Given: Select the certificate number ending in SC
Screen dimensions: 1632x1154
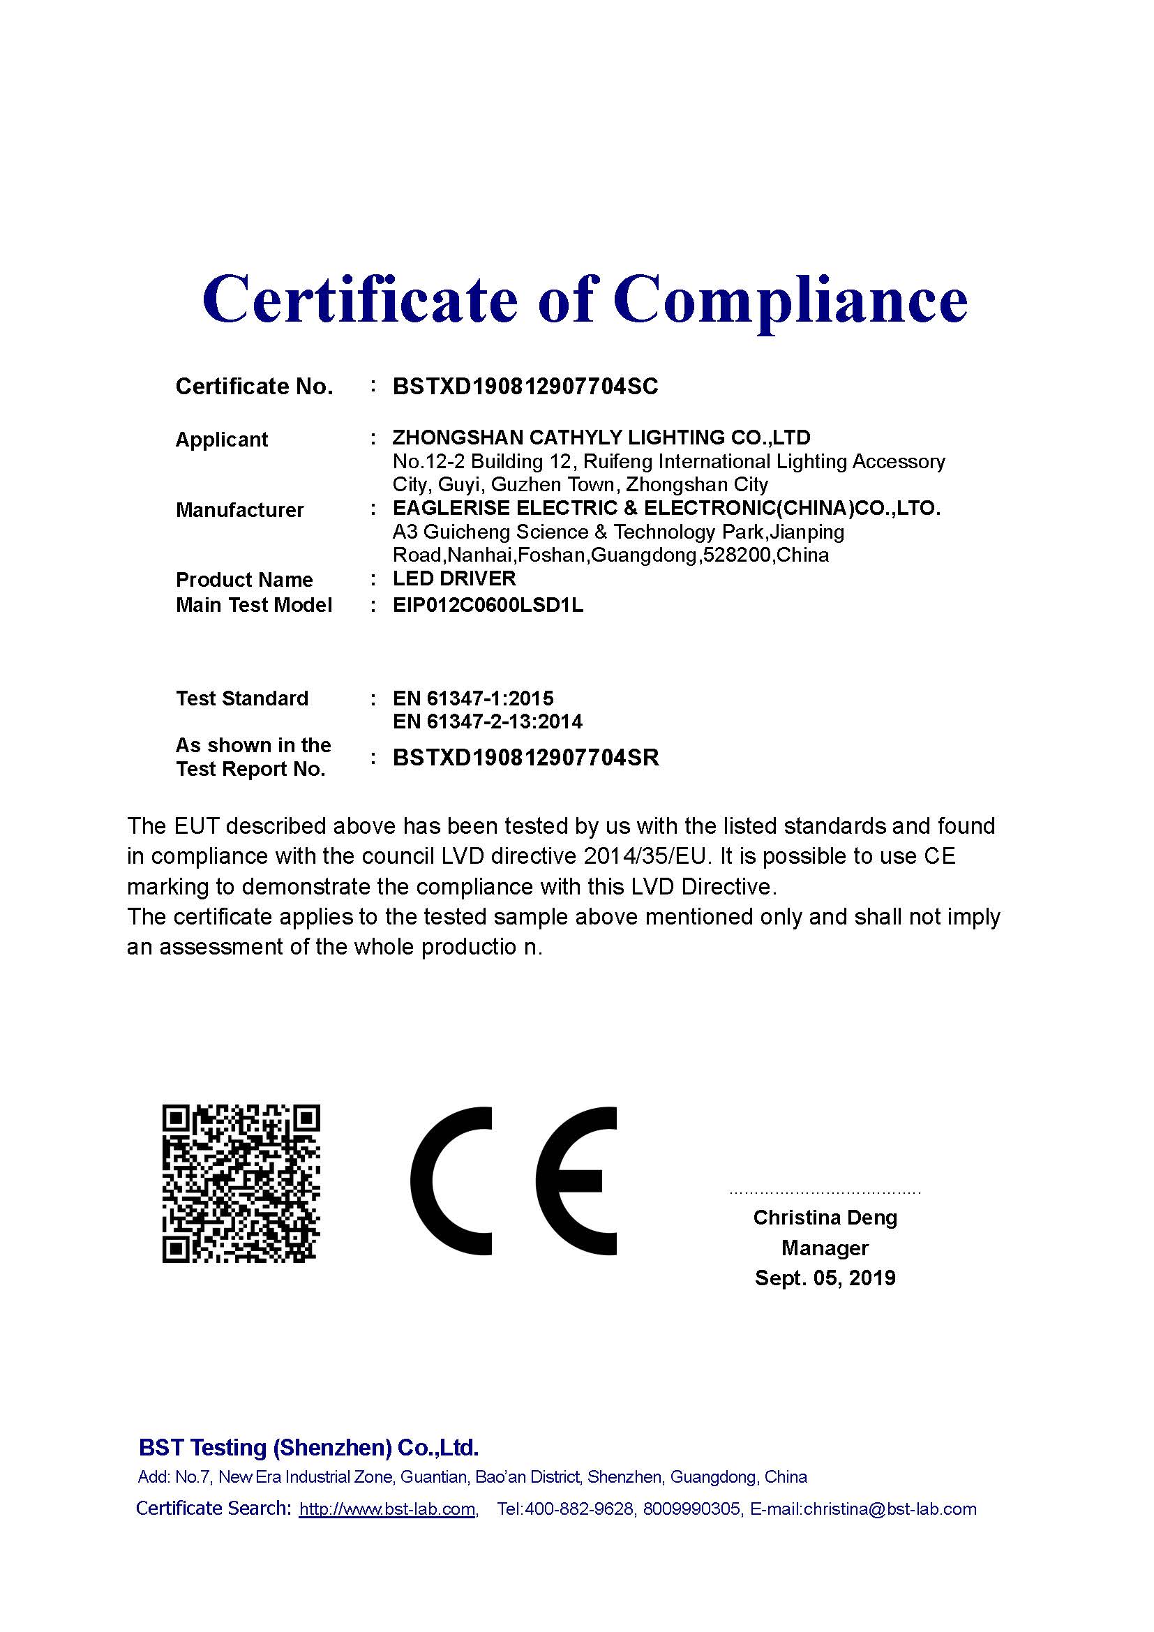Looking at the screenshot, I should (x=525, y=387).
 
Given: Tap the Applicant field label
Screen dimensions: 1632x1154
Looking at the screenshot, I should (x=221, y=440).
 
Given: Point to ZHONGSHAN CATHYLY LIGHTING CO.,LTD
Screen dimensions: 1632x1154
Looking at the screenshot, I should (x=601, y=437).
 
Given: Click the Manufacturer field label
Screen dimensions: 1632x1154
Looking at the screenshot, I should (x=239, y=510).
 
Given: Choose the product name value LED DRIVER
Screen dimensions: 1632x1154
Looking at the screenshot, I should (x=454, y=578).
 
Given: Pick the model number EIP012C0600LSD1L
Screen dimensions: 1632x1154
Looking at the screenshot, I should (x=488, y=605).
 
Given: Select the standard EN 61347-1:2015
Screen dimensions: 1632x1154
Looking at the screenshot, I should (x=472, y=698).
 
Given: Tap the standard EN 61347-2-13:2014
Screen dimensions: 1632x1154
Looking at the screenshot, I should (x=487, y=722).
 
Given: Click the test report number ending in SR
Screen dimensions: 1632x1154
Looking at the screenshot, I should (x=525, y=758).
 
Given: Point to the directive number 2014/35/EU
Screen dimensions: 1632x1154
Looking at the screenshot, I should (x=646, y=857).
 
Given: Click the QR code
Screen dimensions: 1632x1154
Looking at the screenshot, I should (x=241, y=1183).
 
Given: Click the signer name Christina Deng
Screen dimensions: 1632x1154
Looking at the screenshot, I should (x=825, y=1218).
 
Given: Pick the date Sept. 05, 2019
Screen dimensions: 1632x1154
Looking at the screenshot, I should (x=825, y=1278).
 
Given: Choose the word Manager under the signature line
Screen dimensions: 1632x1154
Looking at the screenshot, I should (x=825, y=1248).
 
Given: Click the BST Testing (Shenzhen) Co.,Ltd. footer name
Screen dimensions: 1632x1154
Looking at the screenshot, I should (x=308, y=1448).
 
